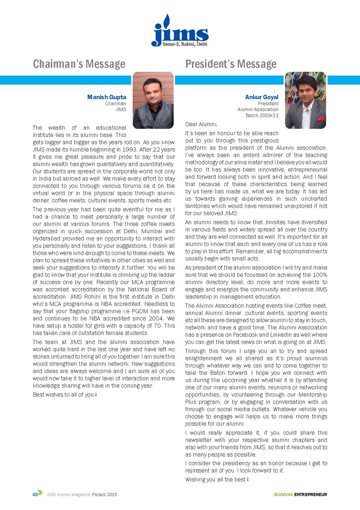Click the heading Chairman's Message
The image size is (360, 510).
point(79,64)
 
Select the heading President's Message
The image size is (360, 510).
point(230,64)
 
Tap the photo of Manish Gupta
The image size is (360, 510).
point(153,100)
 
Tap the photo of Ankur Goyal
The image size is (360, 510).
point(305,100)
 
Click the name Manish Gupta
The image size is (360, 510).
point(107,97)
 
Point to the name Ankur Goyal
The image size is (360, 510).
point(262,97)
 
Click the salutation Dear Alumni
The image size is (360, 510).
point(201,125)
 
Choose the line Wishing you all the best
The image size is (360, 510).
point(216,480)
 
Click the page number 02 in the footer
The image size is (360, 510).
point(35,495)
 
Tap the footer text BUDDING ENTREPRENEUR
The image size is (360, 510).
point(300,495)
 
